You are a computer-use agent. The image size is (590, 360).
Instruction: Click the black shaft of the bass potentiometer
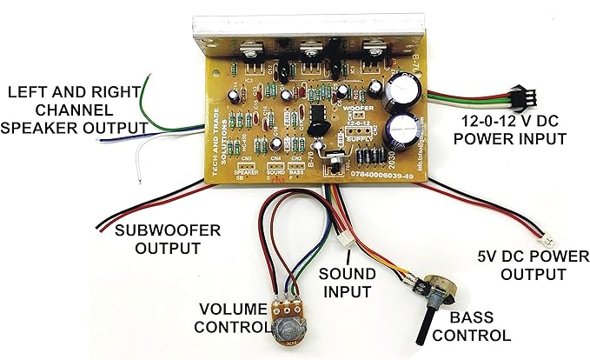(428, 318)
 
